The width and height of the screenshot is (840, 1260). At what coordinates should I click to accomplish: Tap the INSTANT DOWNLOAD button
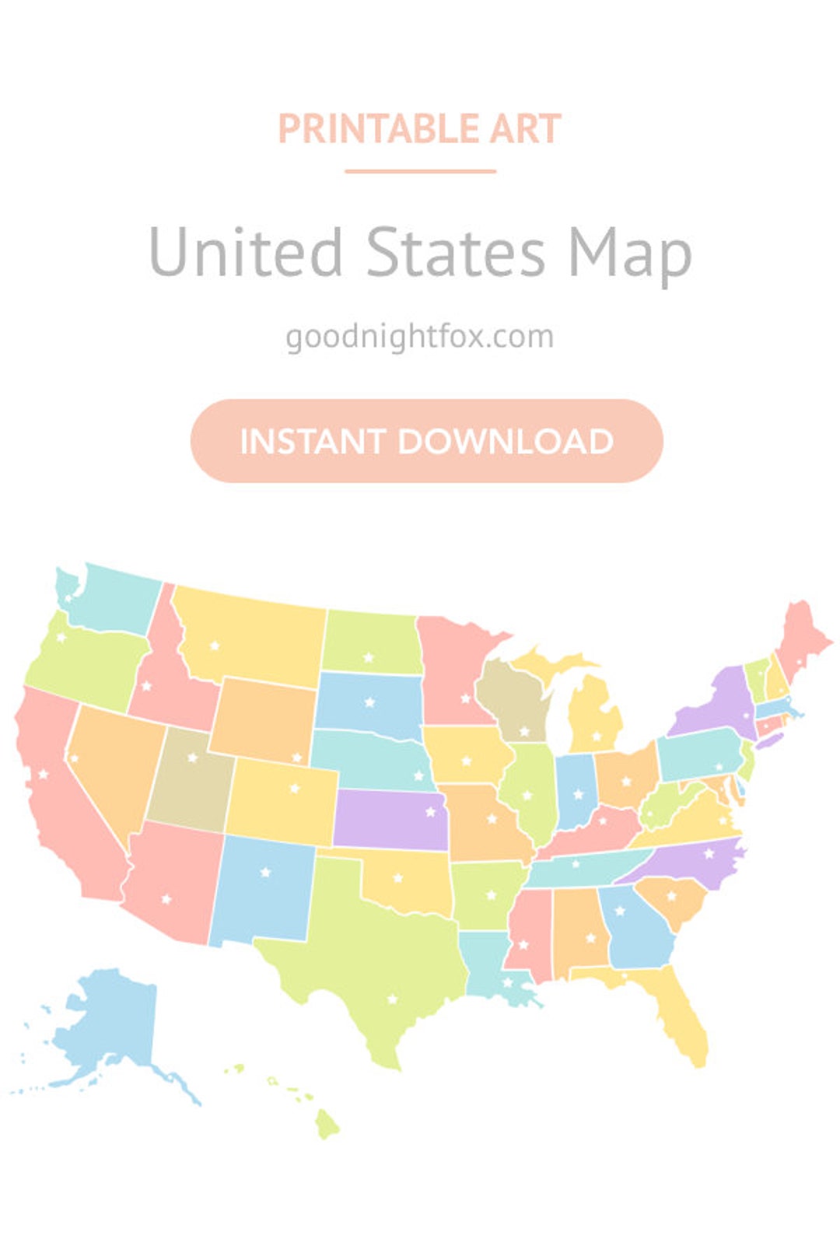tap(426, 441)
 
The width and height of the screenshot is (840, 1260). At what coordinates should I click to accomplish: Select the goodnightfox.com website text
tap(420, 337)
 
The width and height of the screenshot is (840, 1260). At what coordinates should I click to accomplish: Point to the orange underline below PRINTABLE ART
tap(420, 171)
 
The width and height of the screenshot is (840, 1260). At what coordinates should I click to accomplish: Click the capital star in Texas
tap(393, 999)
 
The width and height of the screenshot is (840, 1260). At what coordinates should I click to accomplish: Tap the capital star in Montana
tap(215, 646)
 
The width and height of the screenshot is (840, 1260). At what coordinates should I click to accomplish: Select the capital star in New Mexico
tap(266, 872)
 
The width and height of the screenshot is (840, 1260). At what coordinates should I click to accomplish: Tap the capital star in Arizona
tap(166, 899)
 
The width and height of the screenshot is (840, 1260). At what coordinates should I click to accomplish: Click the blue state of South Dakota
tap(369, 704)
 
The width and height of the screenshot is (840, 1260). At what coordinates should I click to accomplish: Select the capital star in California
tap(44, 774)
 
